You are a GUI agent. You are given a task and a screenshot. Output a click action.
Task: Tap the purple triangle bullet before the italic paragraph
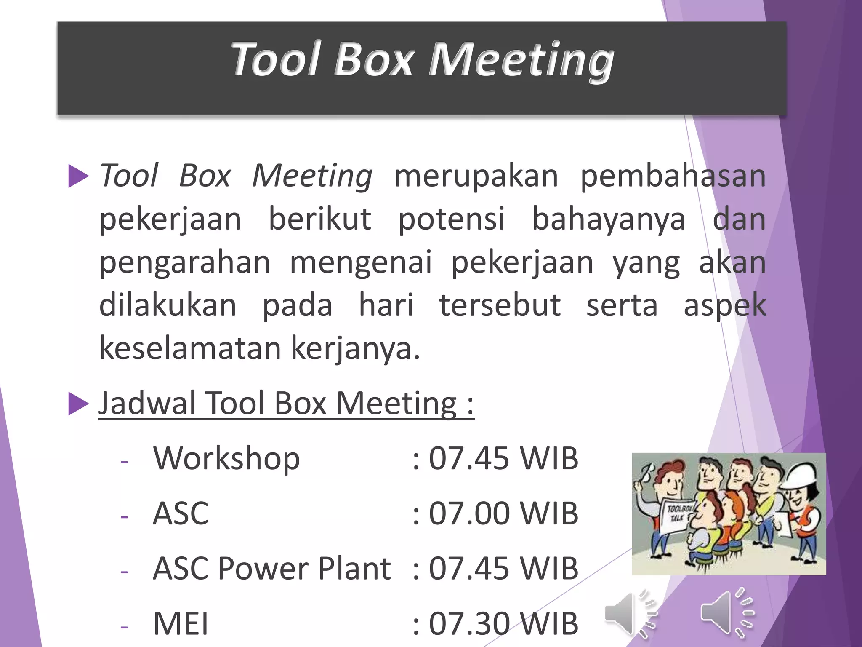click(78, 176)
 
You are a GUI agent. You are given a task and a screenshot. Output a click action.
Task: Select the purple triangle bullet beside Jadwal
click(78, 404)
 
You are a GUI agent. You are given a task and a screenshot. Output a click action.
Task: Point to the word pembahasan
click(673, 176)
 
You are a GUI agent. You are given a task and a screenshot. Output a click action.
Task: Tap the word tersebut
click(500, 305)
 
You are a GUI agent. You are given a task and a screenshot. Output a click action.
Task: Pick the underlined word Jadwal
click(147, 404)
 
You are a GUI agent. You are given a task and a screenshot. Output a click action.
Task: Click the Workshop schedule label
click(226, 458)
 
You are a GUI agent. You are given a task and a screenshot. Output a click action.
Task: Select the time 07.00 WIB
click(503, 513)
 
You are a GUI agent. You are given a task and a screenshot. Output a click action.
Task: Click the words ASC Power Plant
click(272, 569)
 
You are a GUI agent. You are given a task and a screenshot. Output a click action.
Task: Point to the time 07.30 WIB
click(503, 623)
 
